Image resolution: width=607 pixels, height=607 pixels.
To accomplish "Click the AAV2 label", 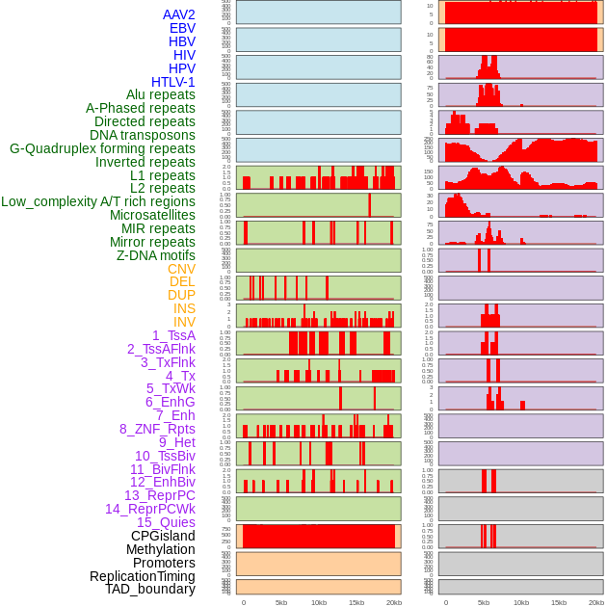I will [x=179, y=14].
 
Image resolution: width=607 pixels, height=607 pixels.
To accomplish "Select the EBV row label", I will [x=182, y=28].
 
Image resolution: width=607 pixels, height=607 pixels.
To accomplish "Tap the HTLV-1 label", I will [x=173, y=82].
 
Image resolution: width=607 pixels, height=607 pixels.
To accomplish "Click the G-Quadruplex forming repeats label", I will [x=102, y=148].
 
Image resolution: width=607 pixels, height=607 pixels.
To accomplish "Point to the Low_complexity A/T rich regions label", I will [x=98, y=201].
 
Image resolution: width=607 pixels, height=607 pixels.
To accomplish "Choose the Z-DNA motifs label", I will [x=156, y=255].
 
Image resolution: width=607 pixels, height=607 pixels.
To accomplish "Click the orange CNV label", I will [x=181, y=269].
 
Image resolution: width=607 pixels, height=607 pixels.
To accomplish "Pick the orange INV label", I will [x=184, y=322].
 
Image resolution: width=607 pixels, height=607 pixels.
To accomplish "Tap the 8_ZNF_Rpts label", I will [x=157, y=429].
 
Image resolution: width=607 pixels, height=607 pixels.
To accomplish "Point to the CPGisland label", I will [x=163, y=536].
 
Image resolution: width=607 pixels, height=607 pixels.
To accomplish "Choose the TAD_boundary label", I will [x=150, y=589].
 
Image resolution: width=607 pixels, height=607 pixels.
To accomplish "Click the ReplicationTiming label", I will [x=142, y=576].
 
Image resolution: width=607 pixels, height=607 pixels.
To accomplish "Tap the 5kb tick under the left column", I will [x=281, y=602].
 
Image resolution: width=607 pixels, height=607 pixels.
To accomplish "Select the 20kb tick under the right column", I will [x=596, y=602].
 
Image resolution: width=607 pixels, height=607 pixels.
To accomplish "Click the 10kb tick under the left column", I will [x=319, y=602].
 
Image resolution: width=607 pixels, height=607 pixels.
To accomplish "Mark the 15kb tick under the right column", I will [x=559, y=602].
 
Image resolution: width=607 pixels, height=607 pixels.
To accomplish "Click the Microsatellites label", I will [x=152, y=215].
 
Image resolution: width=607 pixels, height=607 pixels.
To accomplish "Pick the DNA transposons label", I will [x=143, y=135].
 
